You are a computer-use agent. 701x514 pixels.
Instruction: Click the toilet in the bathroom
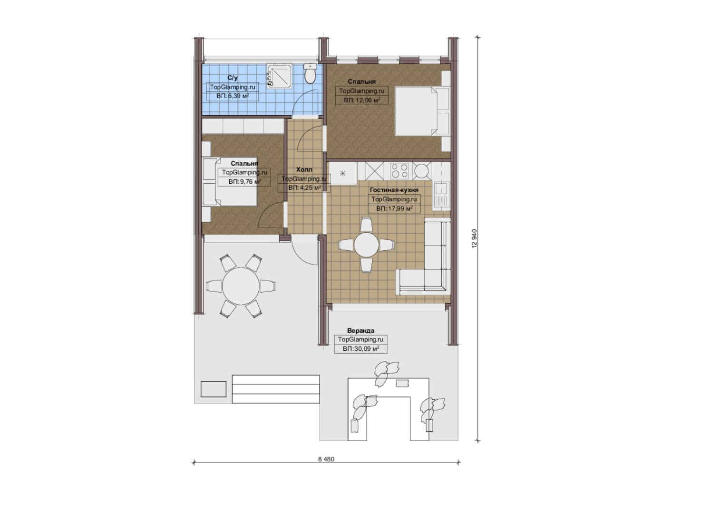[x=310, y=74]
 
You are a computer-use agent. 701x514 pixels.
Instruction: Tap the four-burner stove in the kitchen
[x=400, y=171]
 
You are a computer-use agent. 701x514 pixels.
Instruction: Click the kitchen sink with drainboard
[x=441, y=196]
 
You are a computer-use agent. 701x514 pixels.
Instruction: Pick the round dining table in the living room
[x=367, y=245]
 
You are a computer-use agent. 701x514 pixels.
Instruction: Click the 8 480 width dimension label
[x=326, y=459]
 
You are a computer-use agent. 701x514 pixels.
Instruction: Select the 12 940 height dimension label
[x=475, y=238]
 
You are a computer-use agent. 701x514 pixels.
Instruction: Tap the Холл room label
[x=304, y=169]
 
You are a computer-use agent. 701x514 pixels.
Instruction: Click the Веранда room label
[x=360, y=330]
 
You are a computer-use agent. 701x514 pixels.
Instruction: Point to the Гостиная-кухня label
[x=394, y=190]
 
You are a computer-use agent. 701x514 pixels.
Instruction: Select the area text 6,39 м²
[x=238, y=96]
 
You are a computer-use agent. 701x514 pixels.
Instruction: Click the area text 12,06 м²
[x=367, y=100]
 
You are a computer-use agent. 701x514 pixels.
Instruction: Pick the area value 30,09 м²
[x=367, y=349]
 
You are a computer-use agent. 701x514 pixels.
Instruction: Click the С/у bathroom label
[x=233, y=78]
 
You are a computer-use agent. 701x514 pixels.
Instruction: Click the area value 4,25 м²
[x=310, y=188]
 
